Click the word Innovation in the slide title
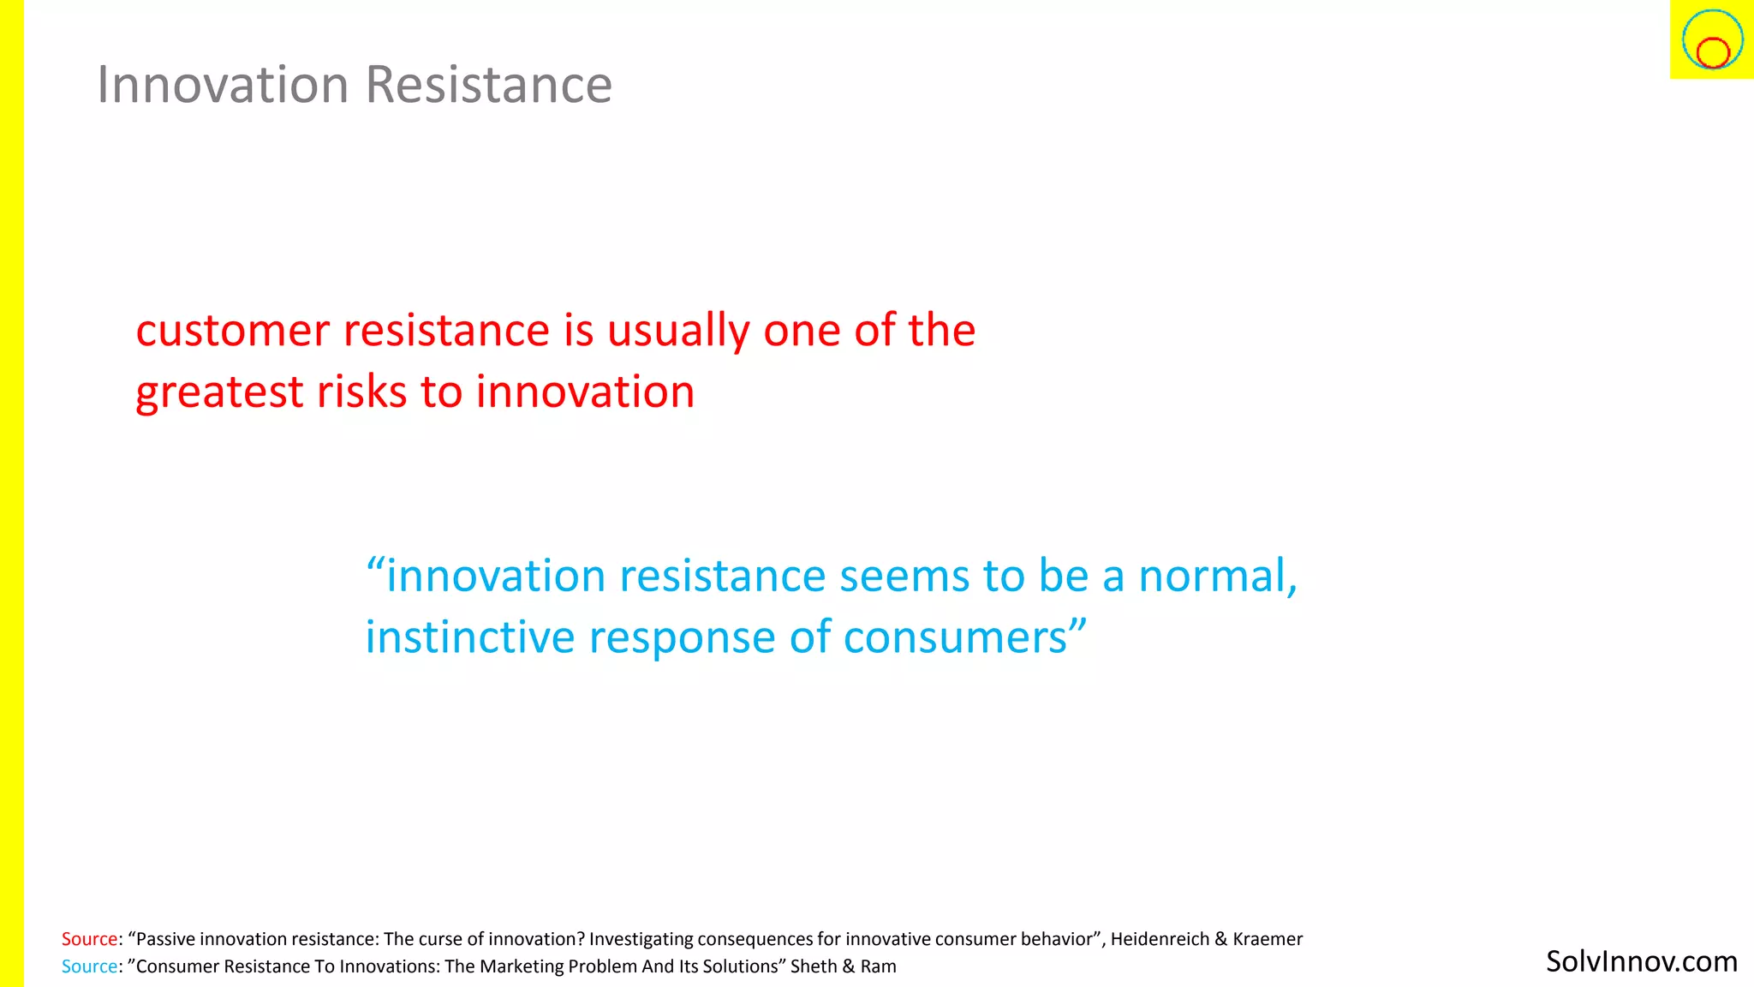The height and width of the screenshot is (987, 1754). [x=223, y=85]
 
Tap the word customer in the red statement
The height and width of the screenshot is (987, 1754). [x=233, y=331]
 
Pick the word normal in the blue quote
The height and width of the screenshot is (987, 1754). [x=1215, y=576]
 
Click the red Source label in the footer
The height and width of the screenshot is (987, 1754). [x=89, y=939]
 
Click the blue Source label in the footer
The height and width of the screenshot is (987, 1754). [x=89, y=966]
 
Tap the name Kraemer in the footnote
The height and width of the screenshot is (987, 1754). [x=1268, y=939]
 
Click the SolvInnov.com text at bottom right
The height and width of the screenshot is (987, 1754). [x=1641, y=961]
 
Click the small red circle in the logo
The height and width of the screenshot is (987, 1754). [x=1713, y=53]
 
